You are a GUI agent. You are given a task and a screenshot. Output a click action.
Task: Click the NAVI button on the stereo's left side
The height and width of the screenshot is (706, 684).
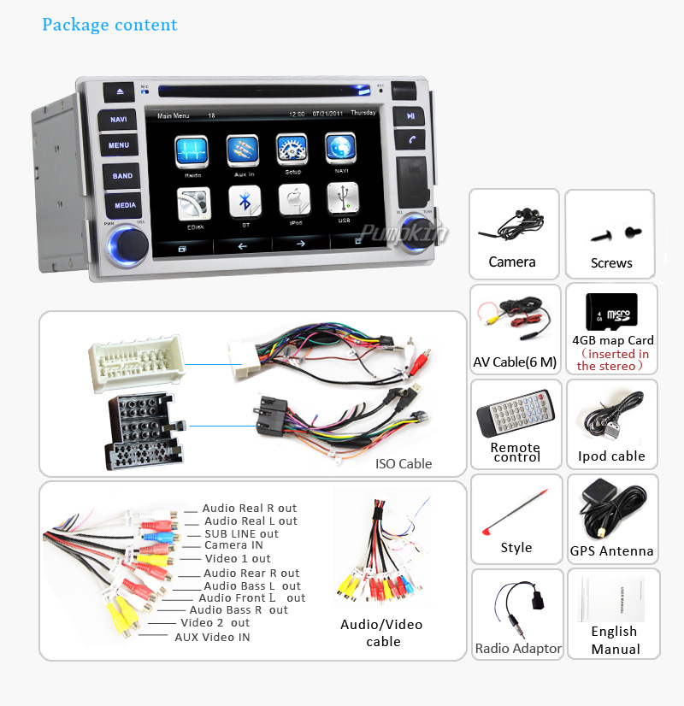(x=118, y=119)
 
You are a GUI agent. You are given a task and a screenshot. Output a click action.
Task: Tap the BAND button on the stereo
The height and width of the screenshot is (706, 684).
(x=122, y=176)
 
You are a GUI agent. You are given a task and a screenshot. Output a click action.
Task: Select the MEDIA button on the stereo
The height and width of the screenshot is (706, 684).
(x=125, y=205)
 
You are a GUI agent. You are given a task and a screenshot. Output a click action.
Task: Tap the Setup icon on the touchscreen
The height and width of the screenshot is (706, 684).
(x=292, y=150)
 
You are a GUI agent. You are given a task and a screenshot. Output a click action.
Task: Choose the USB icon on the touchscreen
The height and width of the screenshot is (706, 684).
(x=343, y=202)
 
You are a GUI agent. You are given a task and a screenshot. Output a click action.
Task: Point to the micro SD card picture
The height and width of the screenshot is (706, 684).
(x=610, y=311)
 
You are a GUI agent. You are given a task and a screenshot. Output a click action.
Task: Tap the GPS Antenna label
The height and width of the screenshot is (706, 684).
(x=611, y=551)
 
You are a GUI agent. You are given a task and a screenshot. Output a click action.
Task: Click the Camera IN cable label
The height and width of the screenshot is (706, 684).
(x=233, y=545)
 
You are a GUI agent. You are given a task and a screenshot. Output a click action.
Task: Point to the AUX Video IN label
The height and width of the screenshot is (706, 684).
(x=212, y=637)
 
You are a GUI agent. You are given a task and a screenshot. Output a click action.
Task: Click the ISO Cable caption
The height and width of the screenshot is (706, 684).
(x=404, y=464)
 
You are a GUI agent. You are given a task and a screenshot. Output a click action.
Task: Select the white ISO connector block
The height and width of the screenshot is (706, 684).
(x=136, y=361)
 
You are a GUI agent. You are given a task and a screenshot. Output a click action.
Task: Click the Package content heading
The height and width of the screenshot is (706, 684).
(x=110, y=24)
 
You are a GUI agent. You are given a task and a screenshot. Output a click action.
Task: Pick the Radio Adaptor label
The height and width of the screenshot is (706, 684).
(x=518, y=649)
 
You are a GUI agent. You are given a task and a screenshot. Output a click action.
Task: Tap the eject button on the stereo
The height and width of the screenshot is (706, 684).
(x=119, y=90)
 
